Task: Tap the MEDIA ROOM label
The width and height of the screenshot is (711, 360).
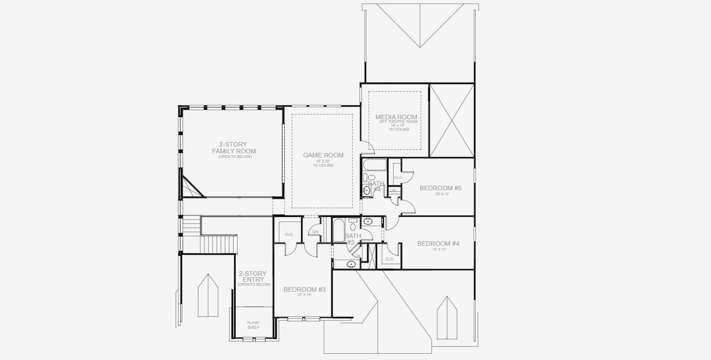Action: (396, 116)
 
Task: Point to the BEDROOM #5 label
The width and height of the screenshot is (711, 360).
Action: (440, 188)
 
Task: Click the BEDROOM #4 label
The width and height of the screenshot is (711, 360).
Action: (438, 243)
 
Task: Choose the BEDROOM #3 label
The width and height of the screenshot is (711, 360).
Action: (304, 290)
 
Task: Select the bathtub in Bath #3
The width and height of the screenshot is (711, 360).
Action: (338, 230)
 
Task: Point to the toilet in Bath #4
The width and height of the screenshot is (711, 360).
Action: (370, 178)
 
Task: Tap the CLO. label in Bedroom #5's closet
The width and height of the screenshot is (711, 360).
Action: (397, 178)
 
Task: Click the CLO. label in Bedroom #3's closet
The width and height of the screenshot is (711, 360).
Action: (289, 234)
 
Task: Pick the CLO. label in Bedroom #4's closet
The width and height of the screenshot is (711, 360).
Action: (389, 259)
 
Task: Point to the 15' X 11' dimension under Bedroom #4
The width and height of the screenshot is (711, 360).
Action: (438, 249)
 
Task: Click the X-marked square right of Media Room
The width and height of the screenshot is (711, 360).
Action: (452, 121)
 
